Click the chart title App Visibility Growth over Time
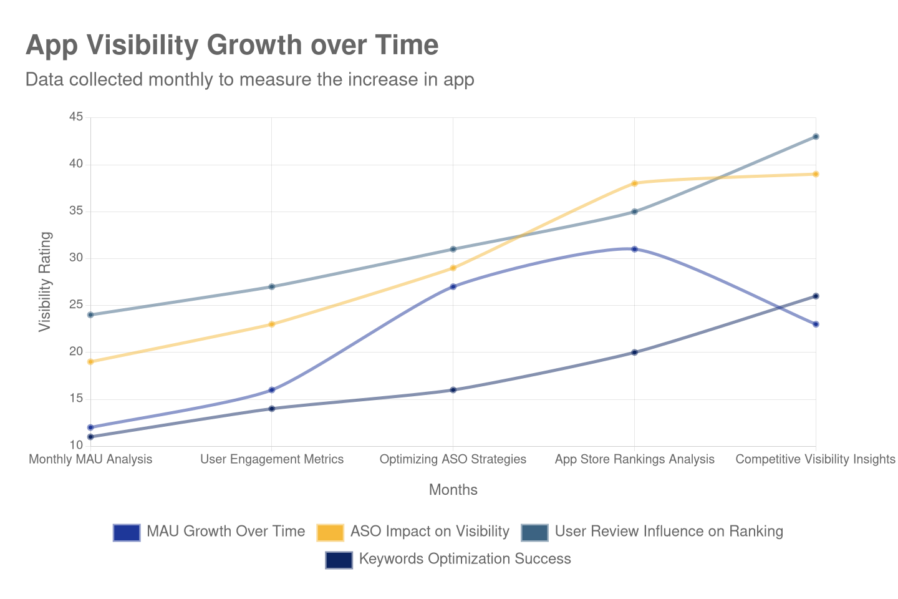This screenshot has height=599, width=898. click(232, 46)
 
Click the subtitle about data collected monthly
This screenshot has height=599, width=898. click(249, 80)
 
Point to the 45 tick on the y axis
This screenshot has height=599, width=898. click(76, 117)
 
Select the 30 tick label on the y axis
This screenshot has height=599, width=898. click(76, 257)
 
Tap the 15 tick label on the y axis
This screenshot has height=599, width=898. click(76, 398)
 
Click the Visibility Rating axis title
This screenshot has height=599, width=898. click(45, 281)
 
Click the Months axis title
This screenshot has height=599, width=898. click(453, 490)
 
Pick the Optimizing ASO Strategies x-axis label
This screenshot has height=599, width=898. click(453, 459)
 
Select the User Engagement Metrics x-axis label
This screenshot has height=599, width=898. click(272, 459)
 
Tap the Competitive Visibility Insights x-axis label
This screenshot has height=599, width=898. click(815, 459)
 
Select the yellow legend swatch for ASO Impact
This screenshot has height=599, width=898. click(331, 532)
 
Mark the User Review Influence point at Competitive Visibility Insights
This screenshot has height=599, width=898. click(816, 137)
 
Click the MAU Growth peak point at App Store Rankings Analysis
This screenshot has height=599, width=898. click(634, 249)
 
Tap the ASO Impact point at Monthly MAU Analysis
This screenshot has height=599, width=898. click(90, 362)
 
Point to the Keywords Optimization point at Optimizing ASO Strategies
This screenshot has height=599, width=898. click(453, 390)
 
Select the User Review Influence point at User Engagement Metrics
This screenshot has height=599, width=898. click(272, 287)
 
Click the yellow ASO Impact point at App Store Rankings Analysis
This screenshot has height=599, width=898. click(634, 183)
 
